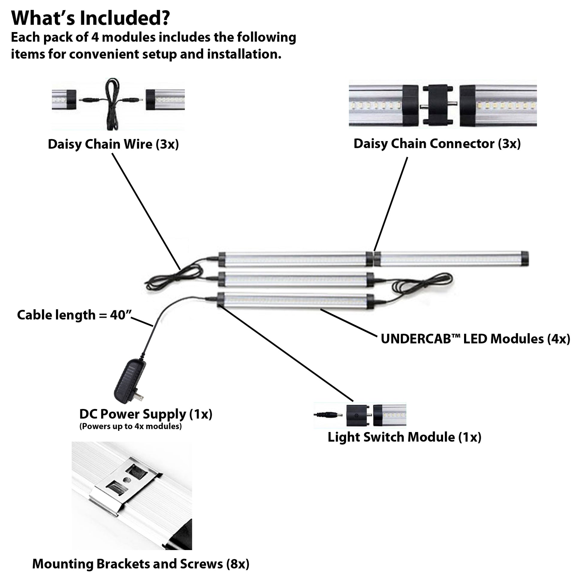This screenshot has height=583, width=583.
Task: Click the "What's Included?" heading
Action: [x=90, y=18]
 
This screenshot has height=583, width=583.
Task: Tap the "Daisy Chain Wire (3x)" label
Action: [x=113, y=144]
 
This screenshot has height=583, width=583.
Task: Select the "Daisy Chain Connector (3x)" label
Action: [x=437, y=144]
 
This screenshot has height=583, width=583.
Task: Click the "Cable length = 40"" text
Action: [x=74, y=315]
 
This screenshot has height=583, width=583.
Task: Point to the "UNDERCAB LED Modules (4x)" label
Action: [x=475, y=339]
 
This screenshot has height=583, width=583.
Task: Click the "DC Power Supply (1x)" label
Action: [x=146, y=414]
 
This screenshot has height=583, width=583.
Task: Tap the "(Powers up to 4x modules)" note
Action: [x=130, y=426]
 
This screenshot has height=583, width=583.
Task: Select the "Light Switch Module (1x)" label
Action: [x=404, y=437]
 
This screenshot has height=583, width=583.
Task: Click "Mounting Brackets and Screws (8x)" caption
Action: [x=141, y=564]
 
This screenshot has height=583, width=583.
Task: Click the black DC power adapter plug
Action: [x=128, y=382]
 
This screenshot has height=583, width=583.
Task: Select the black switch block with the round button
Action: [x=357, y=416]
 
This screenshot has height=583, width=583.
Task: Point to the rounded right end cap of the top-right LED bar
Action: [x=525, y=259]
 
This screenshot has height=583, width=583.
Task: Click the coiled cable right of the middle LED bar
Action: [x=422, y=283]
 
